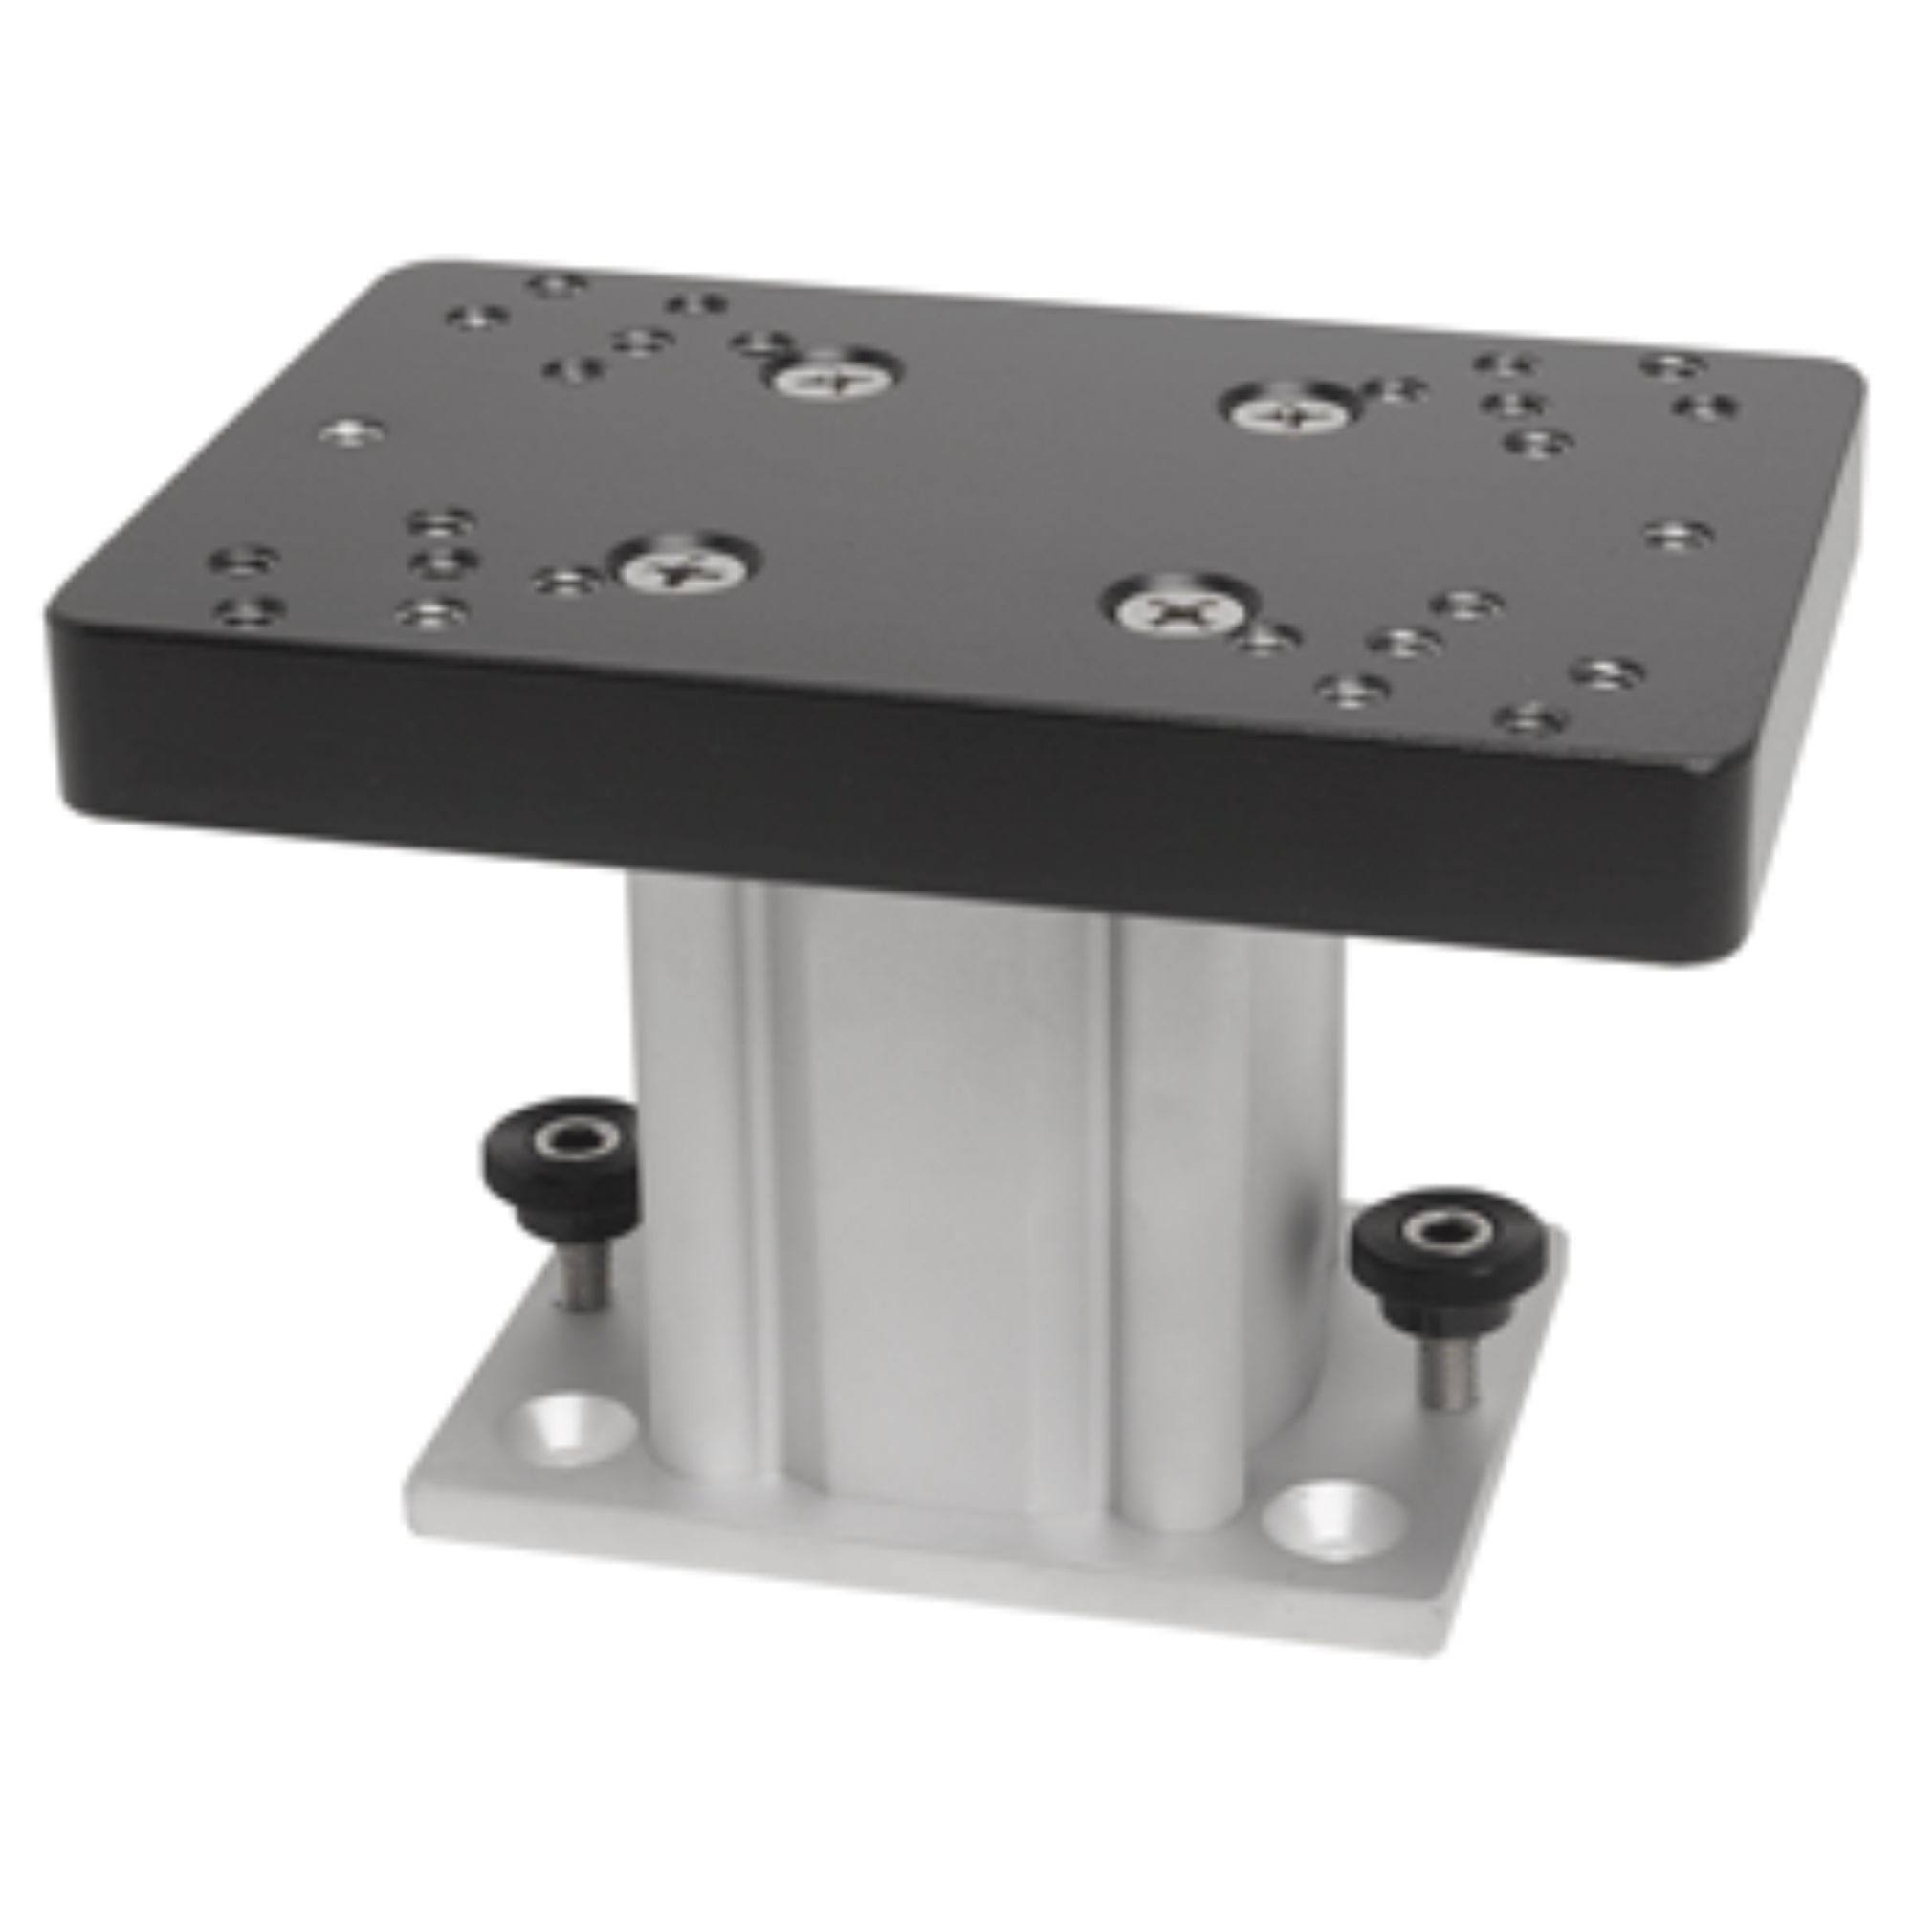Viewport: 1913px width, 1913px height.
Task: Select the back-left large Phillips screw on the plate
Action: [833, 377]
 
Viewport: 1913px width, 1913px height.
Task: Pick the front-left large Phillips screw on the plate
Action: [684, 567]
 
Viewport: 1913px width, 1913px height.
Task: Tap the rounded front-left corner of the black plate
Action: [59, 634]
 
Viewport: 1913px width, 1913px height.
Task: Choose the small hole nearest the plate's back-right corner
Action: [1672, 365]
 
